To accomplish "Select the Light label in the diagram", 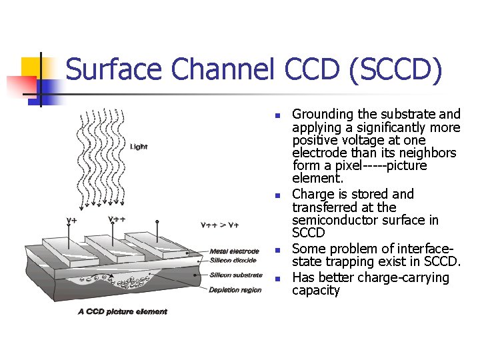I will point(139,146).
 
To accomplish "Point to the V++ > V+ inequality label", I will point(220,224).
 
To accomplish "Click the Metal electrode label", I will point(234,251).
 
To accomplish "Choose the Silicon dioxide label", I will point(233,260).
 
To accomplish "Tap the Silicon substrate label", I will point(235,275).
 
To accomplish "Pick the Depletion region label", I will point(235,290).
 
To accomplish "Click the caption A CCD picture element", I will point(123,311).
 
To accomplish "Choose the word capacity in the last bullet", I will point(316,291).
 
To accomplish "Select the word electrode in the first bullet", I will point(319,153).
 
